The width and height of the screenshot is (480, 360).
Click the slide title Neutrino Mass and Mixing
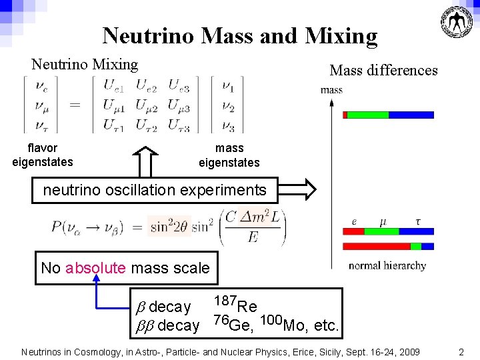coord(240,35)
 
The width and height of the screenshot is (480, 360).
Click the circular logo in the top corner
coord(459,21)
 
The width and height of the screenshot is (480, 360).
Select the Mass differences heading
coord(383,70)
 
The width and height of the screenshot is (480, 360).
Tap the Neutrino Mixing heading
coord(85,65)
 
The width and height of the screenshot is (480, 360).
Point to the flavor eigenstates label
coord(42,155)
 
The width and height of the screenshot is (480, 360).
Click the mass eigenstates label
coord(229,155)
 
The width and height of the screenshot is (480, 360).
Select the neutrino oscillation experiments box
coord(154,190)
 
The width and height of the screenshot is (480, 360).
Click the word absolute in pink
coord(95,268)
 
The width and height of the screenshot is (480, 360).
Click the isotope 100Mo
coord(283,323)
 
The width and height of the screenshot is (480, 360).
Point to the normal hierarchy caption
coord(387,265)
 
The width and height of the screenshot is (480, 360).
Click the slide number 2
coord(461,351)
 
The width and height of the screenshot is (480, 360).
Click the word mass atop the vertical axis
coord(331,90)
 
